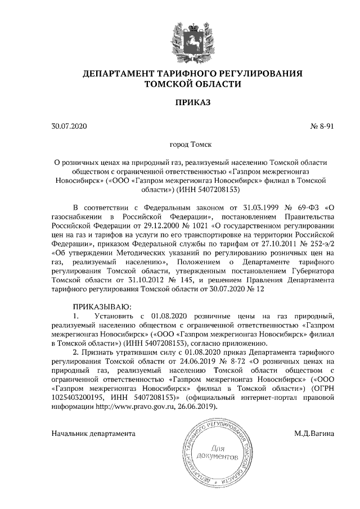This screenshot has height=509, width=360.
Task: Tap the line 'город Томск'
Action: point(191,145)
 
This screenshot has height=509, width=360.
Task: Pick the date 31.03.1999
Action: point(254,206)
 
